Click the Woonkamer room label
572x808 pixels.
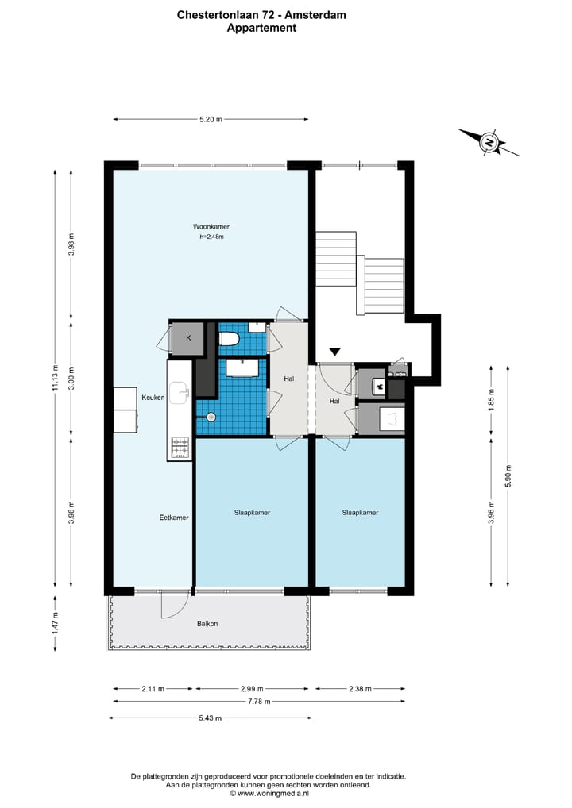211,226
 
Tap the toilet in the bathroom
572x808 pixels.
229,339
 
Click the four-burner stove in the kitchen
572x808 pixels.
180,448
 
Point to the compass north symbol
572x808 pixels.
489,142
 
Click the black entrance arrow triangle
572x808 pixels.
335,352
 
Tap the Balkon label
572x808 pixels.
207,624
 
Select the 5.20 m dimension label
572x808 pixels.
211,120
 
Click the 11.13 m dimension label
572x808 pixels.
55,378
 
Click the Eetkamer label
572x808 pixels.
174,518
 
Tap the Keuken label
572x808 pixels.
153,398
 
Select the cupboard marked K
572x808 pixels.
187,339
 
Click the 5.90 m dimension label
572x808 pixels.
508,475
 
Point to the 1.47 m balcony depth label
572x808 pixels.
55,622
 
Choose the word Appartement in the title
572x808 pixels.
261,28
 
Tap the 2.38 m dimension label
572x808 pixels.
360,688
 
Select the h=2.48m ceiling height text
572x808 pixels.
211,237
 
